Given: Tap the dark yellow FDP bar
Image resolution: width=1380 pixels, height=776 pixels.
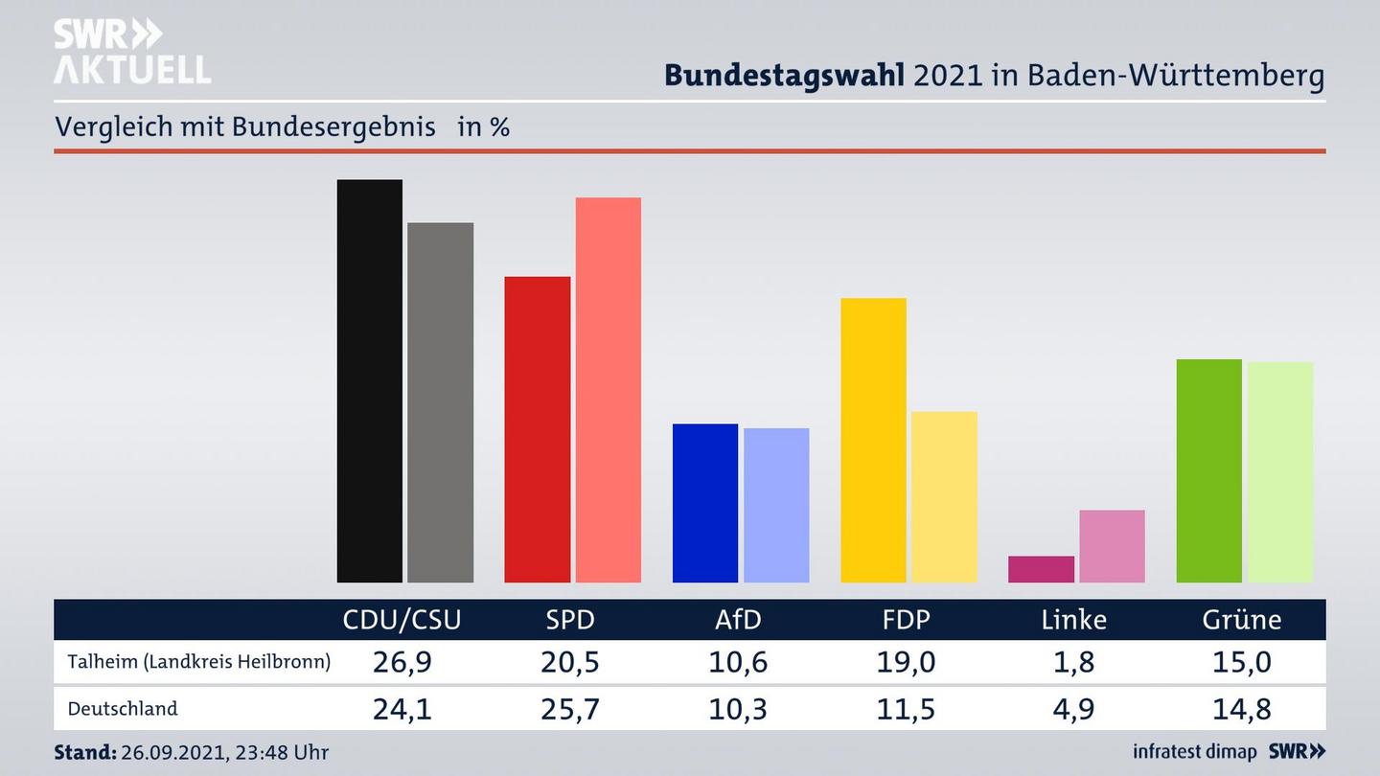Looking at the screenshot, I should coord(873,440).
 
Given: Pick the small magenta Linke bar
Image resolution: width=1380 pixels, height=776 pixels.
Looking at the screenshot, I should coord(1041,569).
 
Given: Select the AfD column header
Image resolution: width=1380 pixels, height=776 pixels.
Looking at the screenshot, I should coord(738,620).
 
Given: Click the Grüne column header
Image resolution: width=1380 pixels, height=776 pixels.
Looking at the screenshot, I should coord(1241,620).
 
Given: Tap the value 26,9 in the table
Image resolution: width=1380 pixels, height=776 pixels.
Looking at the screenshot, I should coord(402,662).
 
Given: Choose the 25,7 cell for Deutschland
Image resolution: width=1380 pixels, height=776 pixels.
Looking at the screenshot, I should coord(570,709).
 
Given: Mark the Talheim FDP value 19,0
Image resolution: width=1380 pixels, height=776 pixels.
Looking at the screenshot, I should coord(906,662).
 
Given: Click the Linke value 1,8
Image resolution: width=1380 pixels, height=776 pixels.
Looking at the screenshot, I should coord(1073,662).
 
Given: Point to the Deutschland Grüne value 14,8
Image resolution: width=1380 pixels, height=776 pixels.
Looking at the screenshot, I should coord(1241,709).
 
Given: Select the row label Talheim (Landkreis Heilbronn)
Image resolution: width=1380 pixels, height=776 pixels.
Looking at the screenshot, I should coord(198,662).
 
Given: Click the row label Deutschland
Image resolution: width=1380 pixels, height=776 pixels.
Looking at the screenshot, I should coord(123,709).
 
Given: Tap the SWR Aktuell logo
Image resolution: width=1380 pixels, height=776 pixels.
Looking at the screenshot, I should coord(131,52).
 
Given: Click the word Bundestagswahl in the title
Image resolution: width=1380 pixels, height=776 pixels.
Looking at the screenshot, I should coord(784,76).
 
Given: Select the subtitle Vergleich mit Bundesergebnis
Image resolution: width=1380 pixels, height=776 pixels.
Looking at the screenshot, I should coord(245,126).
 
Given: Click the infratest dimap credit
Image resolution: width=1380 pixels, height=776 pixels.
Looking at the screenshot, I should coord(1194,751).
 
